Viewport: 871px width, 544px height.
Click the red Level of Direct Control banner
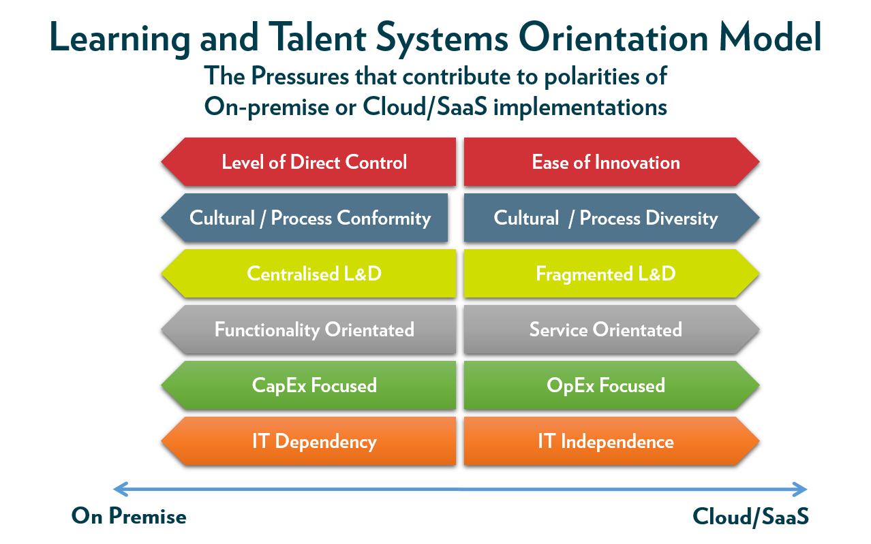pyautogui.click(x=309, y=161)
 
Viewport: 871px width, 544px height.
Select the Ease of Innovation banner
pyautogui.click(x=611, y=161)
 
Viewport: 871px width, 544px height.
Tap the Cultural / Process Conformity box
pyautogui.click(x=305, y=218)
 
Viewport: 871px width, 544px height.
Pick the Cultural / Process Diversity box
pyautogui.click(x=611, y=218)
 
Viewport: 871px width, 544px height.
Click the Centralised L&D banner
pyautogui.click(x=309, y=274)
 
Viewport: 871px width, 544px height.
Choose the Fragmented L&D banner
pyautogui.click(x=611, y=274)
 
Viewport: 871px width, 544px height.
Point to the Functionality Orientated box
pyautogui.click(x=309, y=330)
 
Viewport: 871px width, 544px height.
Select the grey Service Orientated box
pyautogui.click(x=611, y=330)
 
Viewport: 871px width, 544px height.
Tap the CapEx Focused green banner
pyautogui.click(x=309, y=385)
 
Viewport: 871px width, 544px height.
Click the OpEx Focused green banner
pyautogui.click(x=611, y=385)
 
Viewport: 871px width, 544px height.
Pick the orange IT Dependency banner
pyautogui.click(x=309, y=441)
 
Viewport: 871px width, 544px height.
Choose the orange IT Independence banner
pyautogui.click(x=611, y=441)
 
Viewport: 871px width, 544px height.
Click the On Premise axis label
pyautogui.click(x=129, y=516)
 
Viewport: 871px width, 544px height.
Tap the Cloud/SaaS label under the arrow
pyautogui.click(x=750, y=517)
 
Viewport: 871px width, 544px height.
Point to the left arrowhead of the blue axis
pyautogui.click(x=121, y=490)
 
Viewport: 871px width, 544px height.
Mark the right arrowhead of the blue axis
pyautogui.click(x=800, y=490)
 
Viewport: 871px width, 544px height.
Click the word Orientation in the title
pyautogui.click(x=613, y=37)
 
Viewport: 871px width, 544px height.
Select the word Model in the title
pyautogui.click(x=770, y=37)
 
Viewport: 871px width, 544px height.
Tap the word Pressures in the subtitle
pyautogui.click(x=300, y=76)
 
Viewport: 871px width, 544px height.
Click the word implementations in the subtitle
pyautogui.click(x=580, y=108)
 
